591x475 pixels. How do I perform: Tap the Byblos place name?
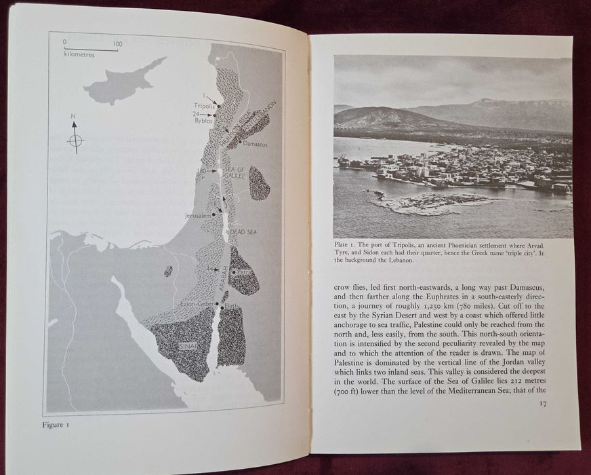(x=203, y=124)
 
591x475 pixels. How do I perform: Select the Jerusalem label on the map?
(x=197, y=216)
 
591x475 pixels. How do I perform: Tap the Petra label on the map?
(x=245, y=273)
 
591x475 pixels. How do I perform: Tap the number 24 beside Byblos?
(x=195, y=114)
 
